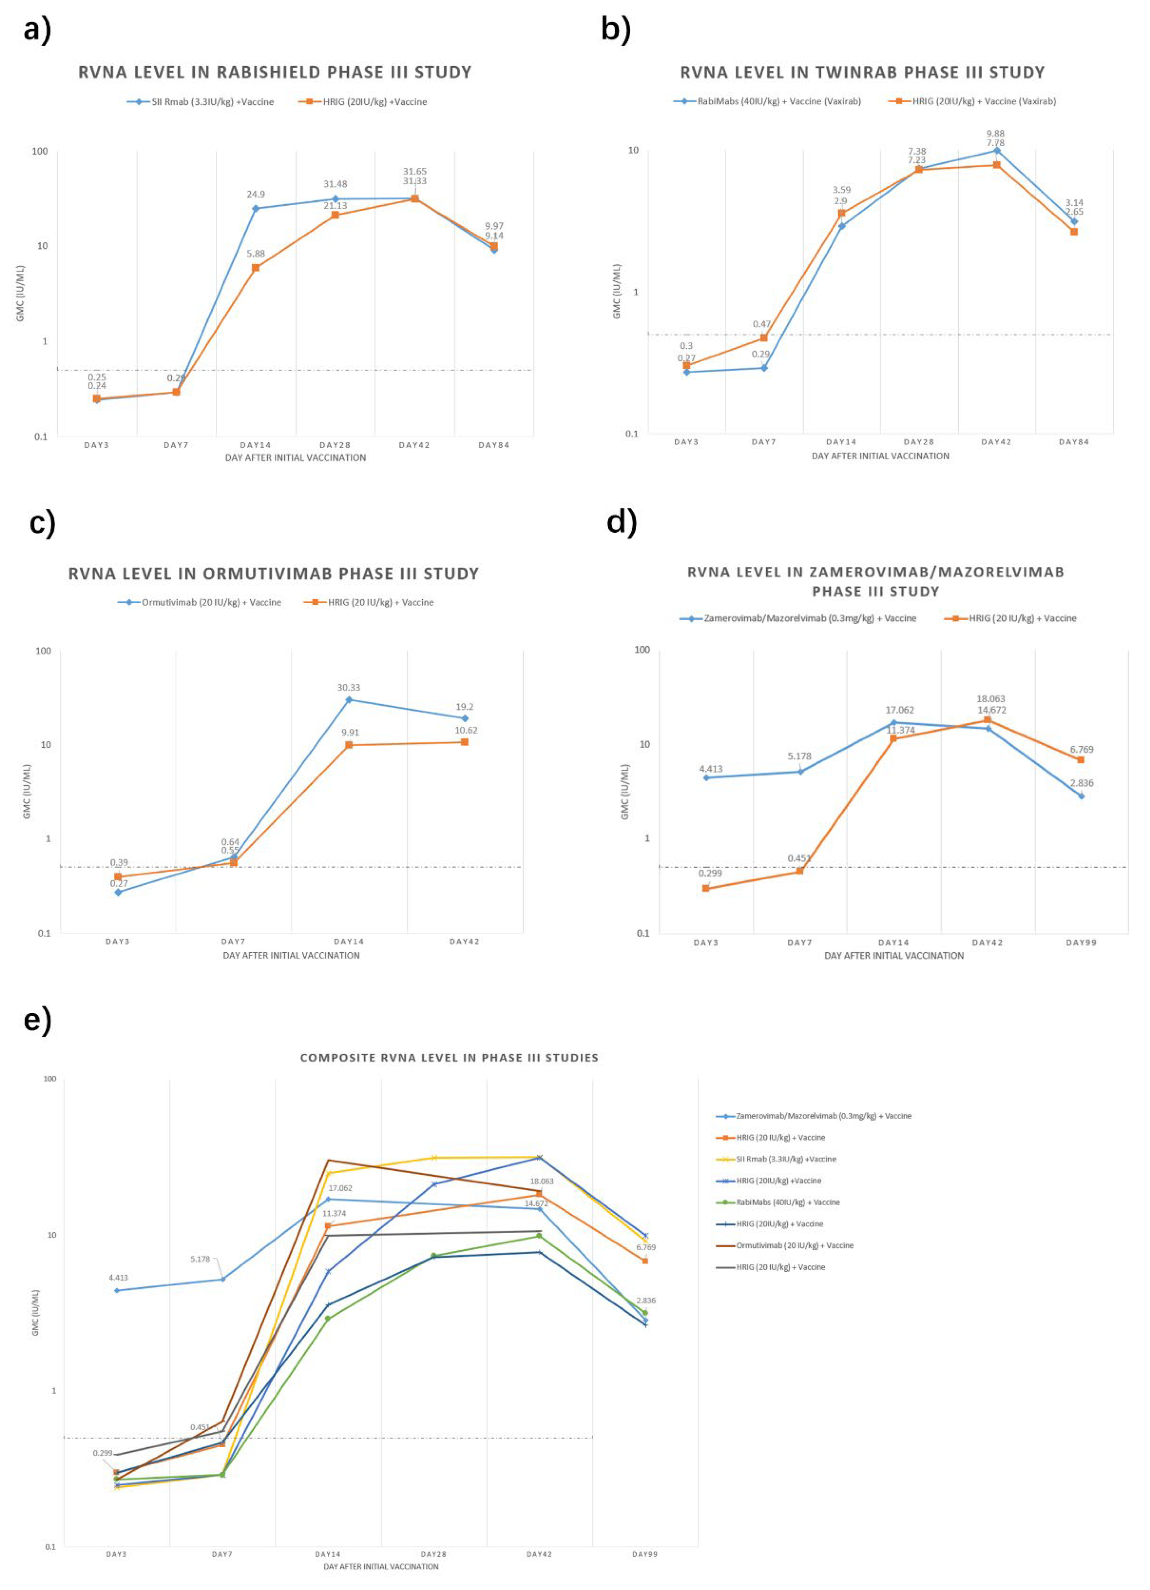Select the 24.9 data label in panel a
[x=256, y=194]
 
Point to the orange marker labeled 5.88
[x=256, y=268]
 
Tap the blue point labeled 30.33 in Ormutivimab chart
[x=349, y=700]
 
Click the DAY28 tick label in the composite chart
[x=433, y=1554]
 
